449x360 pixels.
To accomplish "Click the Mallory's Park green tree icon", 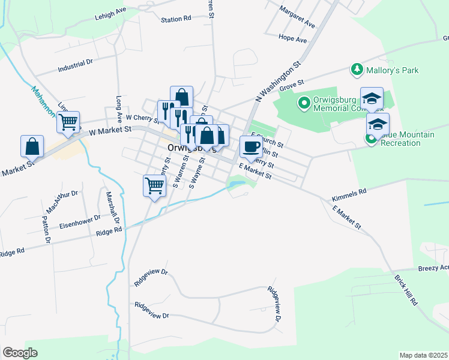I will [x=357, y=70].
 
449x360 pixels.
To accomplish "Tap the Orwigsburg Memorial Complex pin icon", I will [x=304, y=104].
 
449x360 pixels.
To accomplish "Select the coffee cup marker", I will [x=251, y=146].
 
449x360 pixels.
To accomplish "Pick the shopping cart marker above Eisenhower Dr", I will [x=155, y=185].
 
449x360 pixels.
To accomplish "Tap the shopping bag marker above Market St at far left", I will [x=32, y=146].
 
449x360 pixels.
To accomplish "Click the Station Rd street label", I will [x=175, y=19].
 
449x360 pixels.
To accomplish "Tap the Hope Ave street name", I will [x=292, y=39].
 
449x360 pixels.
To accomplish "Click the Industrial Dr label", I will [x=75, y=66].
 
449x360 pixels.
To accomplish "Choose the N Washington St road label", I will [x=277, y=80].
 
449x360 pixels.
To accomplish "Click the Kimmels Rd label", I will [x=349, y=196].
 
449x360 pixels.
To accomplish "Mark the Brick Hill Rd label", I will [x=406, y=292].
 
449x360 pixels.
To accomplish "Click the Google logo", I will [x=20, y=353].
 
